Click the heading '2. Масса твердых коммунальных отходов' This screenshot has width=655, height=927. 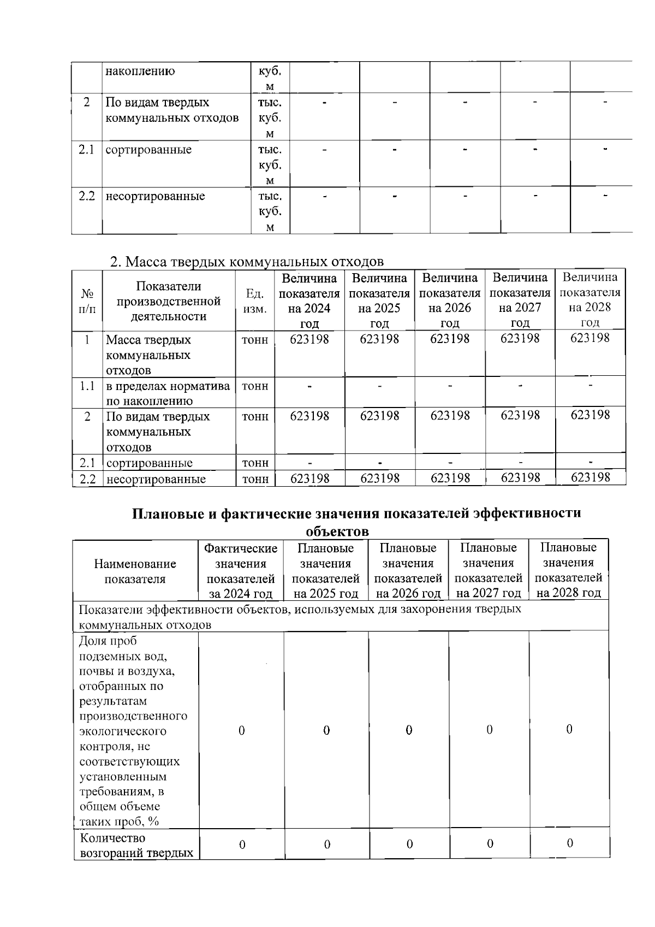coord(247,262)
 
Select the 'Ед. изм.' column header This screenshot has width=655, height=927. coord(254,301)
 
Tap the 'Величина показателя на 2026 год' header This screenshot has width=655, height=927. coord(450,300)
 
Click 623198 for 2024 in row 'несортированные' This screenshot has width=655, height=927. coord(309,479)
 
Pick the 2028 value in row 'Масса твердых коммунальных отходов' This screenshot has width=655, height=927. coord(590,338)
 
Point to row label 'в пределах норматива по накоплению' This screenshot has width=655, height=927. coord(168,393)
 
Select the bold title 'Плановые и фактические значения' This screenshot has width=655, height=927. coord(357,513)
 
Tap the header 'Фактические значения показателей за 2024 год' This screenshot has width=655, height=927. coord(241,571)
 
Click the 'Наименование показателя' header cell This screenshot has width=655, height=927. coord(135,571)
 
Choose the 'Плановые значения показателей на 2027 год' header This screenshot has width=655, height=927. coord(489,570)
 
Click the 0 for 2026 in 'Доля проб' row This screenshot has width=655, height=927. coord(409,730)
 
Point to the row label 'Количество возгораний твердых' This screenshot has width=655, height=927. coord(136,846)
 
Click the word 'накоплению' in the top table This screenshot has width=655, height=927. coord(140,71)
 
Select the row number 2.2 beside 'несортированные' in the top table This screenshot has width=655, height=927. coord(86,196)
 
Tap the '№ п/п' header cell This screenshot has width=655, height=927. coord(86,301)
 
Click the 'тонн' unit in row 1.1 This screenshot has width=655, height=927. coord(255,386)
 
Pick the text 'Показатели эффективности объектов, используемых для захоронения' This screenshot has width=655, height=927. coord(300,609)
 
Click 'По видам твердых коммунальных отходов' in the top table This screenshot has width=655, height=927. coord(172,110)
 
